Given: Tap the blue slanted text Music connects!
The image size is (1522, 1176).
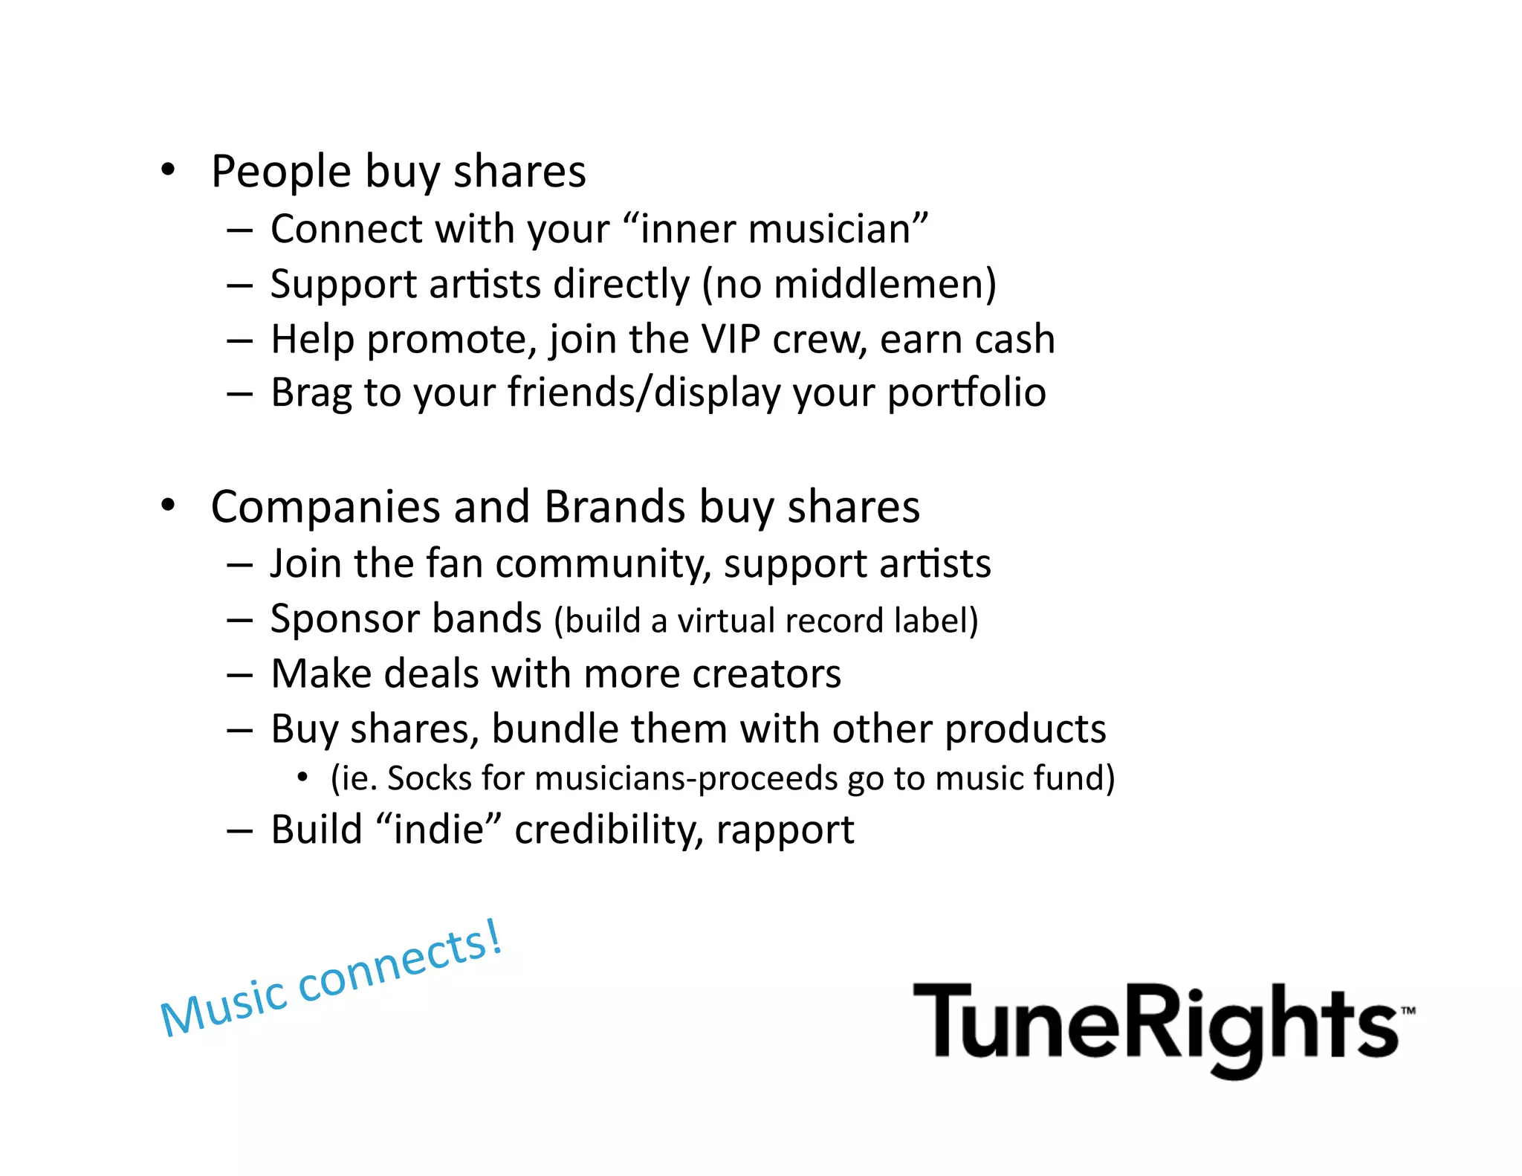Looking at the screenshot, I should pos(331,980).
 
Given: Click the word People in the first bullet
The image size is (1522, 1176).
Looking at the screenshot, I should pos(281,172).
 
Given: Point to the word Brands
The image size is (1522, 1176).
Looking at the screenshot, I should pos(615,507).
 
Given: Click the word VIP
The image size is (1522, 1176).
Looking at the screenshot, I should pos(731,340).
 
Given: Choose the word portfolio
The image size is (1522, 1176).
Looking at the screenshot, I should pos(967,393).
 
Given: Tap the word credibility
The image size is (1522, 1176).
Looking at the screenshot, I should pos(609,830).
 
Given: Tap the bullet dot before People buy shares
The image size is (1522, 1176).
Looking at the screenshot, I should pos(169,170).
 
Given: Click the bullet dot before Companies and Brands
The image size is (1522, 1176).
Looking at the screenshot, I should pos(169,505).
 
